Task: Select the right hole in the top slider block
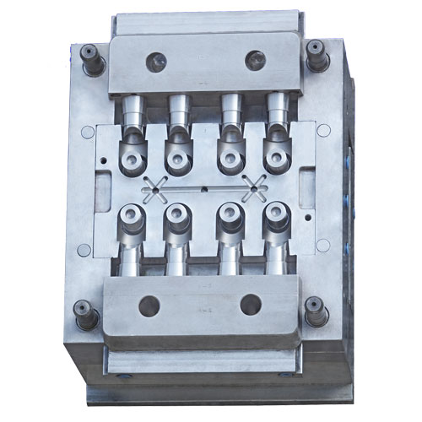tap(254, 60)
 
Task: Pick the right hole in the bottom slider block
tap(250, 305)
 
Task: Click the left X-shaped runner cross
tap(157, 191)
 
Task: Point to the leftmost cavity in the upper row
tap(132, 159)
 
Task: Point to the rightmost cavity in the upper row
tap(274, 155)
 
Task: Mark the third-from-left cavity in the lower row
tap(228, 217)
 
